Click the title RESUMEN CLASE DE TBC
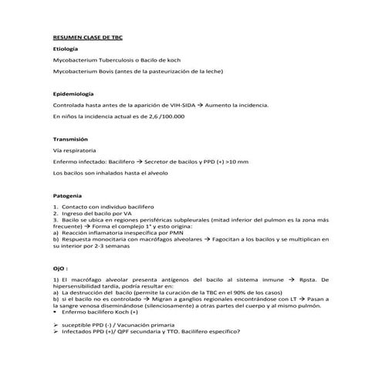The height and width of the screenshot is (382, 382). [88, 35]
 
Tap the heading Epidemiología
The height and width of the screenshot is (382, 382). [73, 93]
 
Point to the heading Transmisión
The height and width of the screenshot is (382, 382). [71, 138]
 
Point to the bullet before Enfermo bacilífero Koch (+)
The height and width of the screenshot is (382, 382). [55, 313]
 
